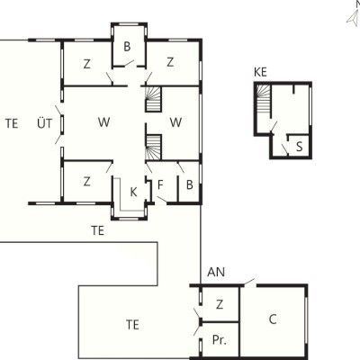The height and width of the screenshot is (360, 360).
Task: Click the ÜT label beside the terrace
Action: point(45,123)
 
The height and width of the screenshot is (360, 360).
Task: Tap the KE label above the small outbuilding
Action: point(260,72)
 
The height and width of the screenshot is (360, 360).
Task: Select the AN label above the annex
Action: point(216,272)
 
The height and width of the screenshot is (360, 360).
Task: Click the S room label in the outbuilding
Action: point(299,147)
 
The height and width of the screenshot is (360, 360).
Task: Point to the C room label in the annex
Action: point(273,319)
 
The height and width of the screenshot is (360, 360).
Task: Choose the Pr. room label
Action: point(220,340)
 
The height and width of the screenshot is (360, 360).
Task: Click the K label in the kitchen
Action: point(134,193)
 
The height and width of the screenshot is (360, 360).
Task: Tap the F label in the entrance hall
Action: point(160,185)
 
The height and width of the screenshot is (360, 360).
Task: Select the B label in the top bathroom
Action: point(127,47)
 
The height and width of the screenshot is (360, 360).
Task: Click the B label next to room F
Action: point(189,185)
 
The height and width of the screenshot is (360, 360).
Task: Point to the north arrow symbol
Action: point(353,17)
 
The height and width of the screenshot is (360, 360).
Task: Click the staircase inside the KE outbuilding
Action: point(264,99)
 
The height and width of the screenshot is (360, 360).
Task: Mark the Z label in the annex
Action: point(220,304)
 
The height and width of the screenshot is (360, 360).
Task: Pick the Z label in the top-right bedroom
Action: point(170,62)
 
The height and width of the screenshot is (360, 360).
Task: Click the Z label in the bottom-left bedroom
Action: point(87,182)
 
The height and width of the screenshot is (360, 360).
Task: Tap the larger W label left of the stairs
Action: point(103,122)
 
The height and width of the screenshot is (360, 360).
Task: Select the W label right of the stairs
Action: point(175,122)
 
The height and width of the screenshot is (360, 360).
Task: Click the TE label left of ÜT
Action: point(12,123)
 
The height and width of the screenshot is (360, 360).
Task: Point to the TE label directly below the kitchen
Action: point(98,230)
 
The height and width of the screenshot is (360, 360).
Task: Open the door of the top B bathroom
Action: point(130,63)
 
